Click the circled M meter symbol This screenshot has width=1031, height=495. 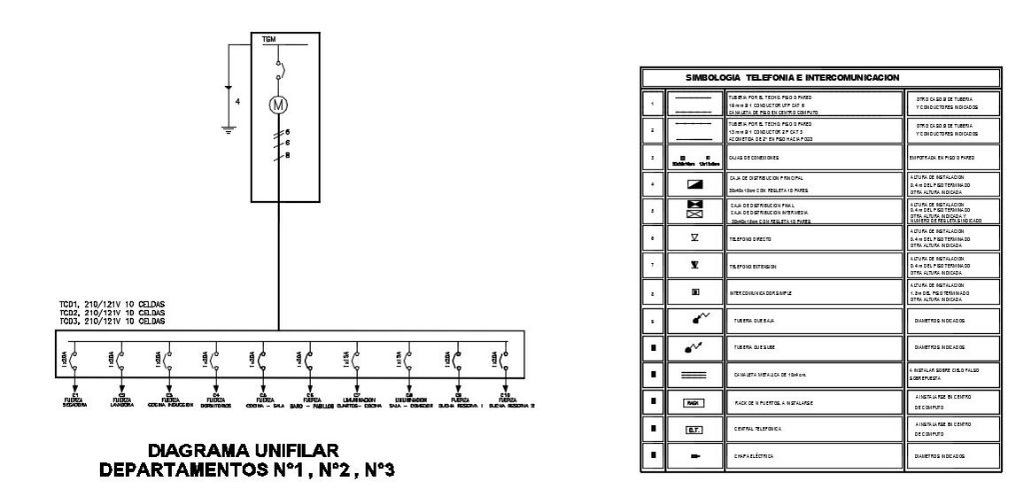[280, 105]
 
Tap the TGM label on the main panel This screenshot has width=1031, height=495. [268, 40]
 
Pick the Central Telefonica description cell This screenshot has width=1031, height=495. [789, 430]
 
